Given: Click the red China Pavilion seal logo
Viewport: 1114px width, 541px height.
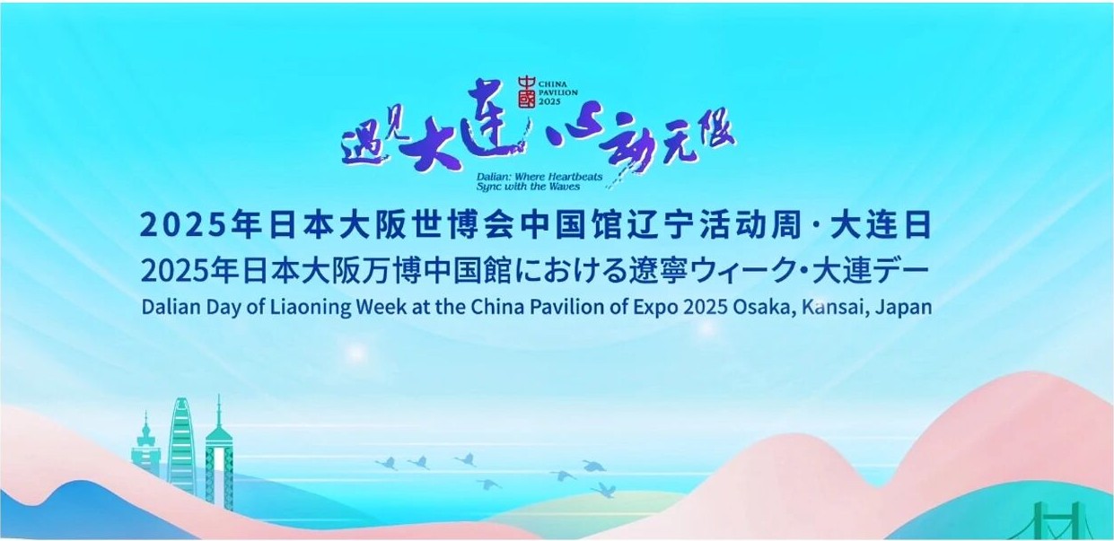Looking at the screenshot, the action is [x=527, y=92].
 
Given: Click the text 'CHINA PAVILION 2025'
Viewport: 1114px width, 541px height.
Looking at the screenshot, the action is [x=557, y=92].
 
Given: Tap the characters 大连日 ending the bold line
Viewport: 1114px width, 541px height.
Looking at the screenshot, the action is [x=881, y=225].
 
